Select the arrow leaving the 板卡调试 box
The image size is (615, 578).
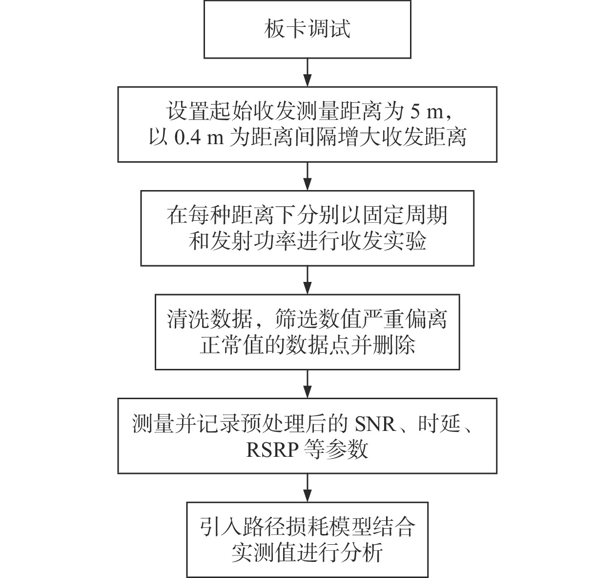[x=307, y=73]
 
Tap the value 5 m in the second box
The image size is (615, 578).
[x=427, y=111]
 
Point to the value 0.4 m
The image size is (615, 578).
[x=199, y=138]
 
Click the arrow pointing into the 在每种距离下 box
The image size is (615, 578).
[x=307, y=176]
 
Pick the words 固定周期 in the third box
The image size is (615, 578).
[x=405, y=215]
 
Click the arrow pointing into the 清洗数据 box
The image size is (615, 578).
[x=307, y=280]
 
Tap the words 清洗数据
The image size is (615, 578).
[x=209, y=319]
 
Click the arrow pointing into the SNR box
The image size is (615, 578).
[x=307, y=384]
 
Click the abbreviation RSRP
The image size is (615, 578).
[x=272, y=450]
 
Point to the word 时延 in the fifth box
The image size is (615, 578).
[x=439, y=423]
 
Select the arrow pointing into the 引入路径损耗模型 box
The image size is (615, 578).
[x=307, y=488]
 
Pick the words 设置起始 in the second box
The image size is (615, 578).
[x=209, y=111]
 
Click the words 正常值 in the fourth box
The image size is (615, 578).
[x=232, y=345]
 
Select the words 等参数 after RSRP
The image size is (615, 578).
[x=336, y=449]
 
